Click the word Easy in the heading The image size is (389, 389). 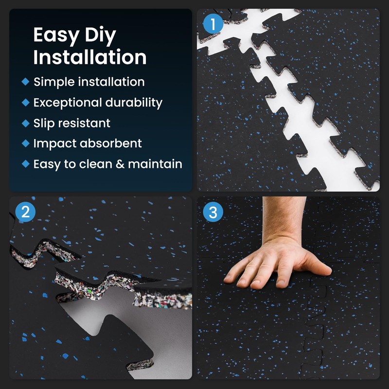coord(56,35)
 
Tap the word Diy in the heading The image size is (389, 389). coord(100,35)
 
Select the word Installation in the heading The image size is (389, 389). coord(90,57)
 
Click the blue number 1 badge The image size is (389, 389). coord(213,24)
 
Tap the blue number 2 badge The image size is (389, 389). coord(25,212)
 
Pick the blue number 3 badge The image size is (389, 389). coord(213,212)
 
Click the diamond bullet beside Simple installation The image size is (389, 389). coord(26,82)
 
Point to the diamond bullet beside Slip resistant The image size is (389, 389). coord(26,123)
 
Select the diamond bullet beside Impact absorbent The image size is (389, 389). coord(26,143)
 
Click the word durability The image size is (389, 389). coord(134,103)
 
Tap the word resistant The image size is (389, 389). coord(88,124)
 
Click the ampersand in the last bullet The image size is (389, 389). coord(120,164)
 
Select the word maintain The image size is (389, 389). coord(155,164)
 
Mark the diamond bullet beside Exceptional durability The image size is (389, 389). coord(26,103)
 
